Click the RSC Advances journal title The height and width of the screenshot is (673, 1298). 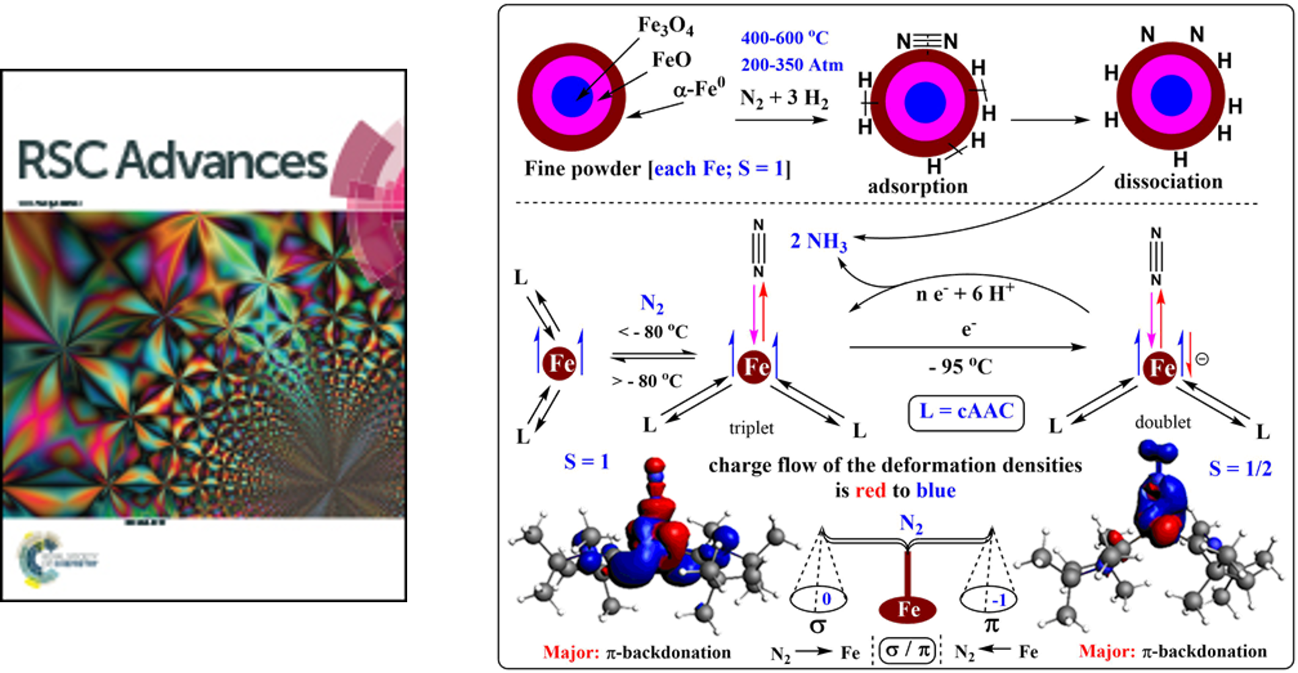coord(172,160)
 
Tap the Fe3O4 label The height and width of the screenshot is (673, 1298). coord(665,26)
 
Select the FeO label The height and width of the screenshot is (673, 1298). coord(671,60)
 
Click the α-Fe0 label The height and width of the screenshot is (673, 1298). coord(699,87)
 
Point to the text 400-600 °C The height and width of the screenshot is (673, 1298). coord(784,38)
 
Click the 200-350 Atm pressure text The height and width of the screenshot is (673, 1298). coord(792,65)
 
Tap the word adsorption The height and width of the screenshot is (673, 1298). coord(917,186)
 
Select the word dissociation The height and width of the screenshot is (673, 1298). coord(1168,182)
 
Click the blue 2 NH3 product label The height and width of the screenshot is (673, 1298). coord(819,241)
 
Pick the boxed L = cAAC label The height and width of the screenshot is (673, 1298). coord(966,412)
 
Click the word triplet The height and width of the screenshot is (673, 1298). coord(751,428)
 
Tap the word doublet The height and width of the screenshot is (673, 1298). coord(1163,422)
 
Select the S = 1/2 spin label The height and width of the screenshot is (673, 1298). coord(1240,468)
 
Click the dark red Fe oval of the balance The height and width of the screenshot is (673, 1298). coord(908,609)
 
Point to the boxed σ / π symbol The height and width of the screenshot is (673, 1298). coord(907,651)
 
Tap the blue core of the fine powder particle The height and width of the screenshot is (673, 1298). coord(572,97)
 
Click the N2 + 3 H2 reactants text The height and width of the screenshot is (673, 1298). coord(784,98)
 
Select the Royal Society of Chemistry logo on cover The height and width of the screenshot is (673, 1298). coord(57,557)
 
